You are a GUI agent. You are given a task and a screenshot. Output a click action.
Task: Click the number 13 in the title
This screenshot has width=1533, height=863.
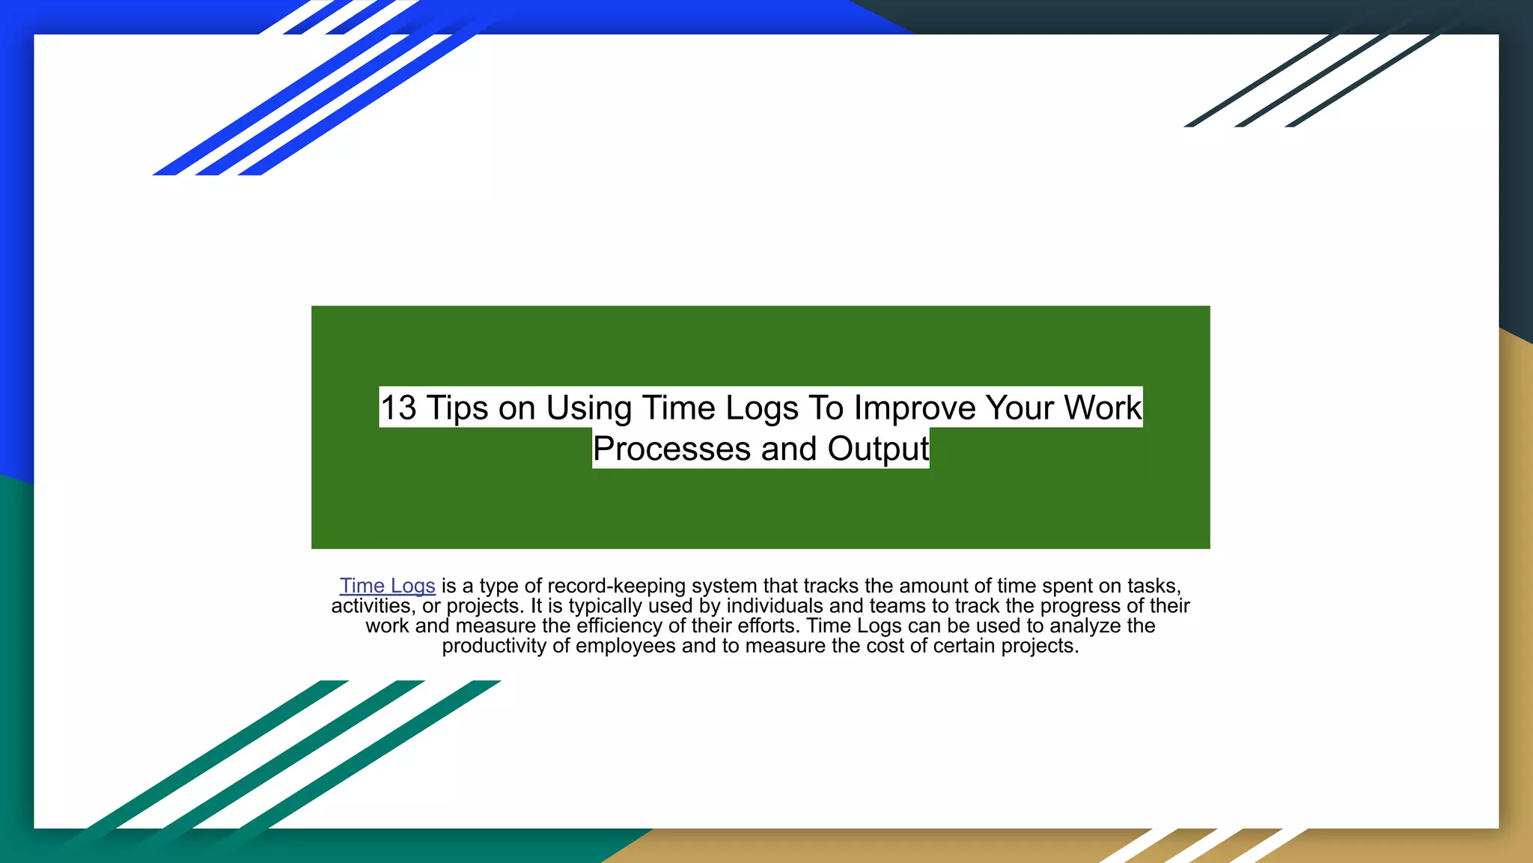(x=398, y=408)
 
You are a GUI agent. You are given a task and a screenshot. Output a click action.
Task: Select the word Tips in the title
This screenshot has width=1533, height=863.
(x=457, y=408)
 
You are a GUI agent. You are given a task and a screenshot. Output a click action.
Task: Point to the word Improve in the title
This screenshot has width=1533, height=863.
(x=915, y=408)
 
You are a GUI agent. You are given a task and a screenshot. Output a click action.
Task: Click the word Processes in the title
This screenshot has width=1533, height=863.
(x=671, y=449)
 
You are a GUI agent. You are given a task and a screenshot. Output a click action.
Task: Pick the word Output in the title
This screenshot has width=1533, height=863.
(x=878, y=449)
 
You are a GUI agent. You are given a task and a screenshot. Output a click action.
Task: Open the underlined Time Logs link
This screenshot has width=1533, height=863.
(x=388, y=586)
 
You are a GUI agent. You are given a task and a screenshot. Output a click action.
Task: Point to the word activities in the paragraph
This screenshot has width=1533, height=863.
(x=371, y=606)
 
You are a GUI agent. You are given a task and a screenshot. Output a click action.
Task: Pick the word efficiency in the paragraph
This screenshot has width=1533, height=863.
(x=618, y=626)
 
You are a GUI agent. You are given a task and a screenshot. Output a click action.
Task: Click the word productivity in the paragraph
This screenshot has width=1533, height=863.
(x=494, y=647)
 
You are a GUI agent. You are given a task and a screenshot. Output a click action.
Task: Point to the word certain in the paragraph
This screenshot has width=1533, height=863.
(x=960, y=647)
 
